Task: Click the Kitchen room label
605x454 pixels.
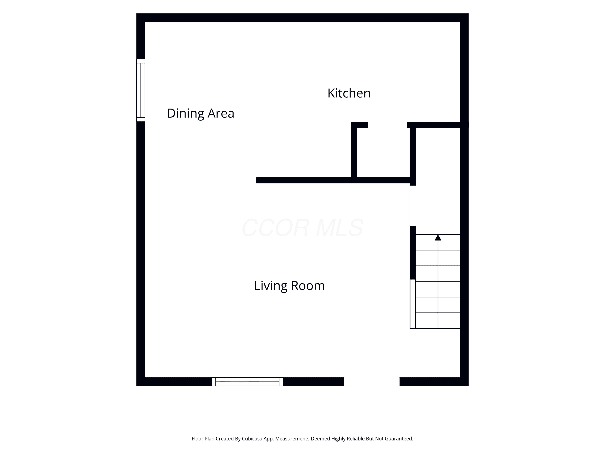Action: pyautogui.click(x=349, y=93)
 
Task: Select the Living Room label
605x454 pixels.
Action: pyautogui.click(x=289, y=286)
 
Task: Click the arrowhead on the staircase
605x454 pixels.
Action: pyautogui.click(x=438, y=237)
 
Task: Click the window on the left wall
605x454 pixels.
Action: pyautogui.click(x=141, y=90)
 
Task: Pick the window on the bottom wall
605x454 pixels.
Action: pyautogui.click(x=247, y=382)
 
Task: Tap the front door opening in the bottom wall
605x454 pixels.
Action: pyautogui.click(x=372, y=382)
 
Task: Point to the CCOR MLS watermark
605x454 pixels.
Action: pyautogui.click(x=302, y=228)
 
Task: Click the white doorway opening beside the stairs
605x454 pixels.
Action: pyautogui.click(x=413, y=206)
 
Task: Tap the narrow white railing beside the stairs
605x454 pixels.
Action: pyautogui.click(x=413, y=304)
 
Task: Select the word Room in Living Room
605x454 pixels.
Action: pyautogui.click(x=308, y=286)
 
